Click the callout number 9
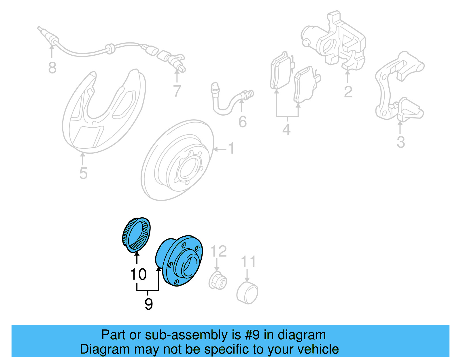pyautogui.click(x=148, y=304)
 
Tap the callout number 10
pyautogui.click(x=138, y=274)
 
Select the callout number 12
pyautogui.click(x=219, y=251)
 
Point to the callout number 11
pyautogui.click(x=248, y=262)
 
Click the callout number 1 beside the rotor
pyautogui.click(x=231, y=148)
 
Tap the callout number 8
pyautogui.click(x=52, y=68)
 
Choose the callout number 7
pyautogui.click(x=177, y=91)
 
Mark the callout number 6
pyautogui.click(x=242, y=122)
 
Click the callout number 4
pyautogui.click(x=286, y=129)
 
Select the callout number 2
pyautogui.click(x=348, y=92)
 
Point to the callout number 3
pyautogui.click(x=401, y=142)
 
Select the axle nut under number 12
pyautogui.click(x=218, y=280)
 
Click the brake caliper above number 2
pyautogui.click(x=334, y=40)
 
